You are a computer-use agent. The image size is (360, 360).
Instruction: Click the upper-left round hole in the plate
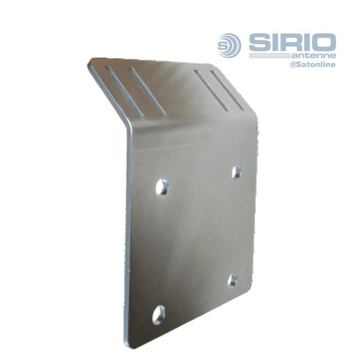162,187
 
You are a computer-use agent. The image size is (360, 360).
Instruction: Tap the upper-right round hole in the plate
236,172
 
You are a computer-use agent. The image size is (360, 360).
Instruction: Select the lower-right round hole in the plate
233,280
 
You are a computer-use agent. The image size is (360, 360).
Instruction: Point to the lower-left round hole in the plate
158,315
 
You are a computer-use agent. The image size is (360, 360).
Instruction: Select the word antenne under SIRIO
314,55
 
